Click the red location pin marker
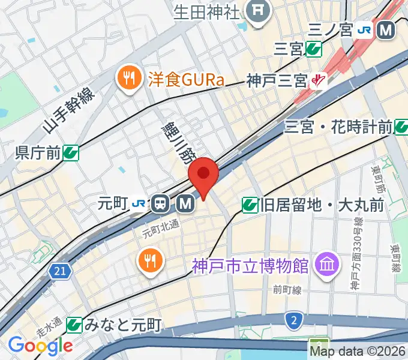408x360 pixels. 203,175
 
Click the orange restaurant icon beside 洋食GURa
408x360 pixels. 128,77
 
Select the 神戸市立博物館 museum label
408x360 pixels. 250,264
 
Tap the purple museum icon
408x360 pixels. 328,263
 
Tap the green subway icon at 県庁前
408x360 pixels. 71,153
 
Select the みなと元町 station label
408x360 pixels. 122,326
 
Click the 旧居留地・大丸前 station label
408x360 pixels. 322,206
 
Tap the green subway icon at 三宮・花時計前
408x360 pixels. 401,127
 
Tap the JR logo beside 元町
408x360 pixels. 139,204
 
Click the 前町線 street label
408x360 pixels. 286,290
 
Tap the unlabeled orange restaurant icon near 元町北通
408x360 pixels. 148,260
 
